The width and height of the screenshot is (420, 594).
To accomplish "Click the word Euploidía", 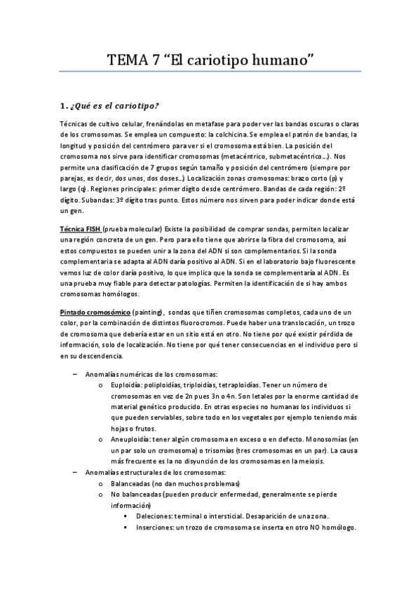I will pyautogui.click(x=129, y=385).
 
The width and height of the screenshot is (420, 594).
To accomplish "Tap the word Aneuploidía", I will pyautogui.click(x=134, y=438).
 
